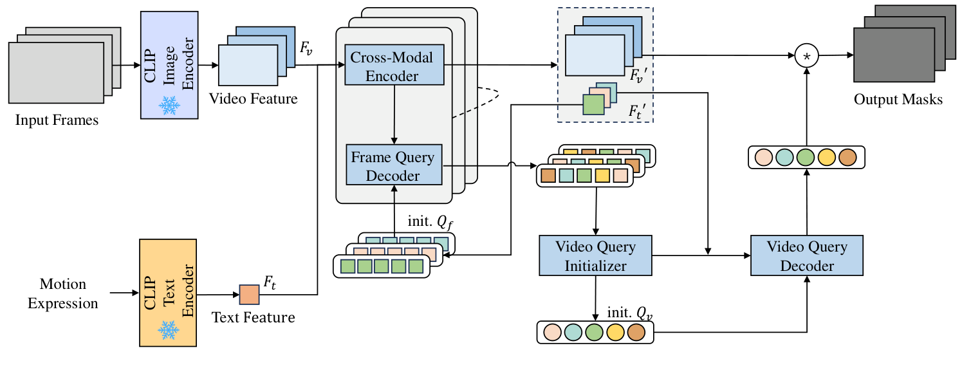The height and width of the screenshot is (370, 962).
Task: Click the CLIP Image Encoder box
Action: point(169,64)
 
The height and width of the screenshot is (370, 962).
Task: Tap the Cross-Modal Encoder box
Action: point(392,65)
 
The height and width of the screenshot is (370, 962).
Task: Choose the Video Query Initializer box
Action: point(595,256)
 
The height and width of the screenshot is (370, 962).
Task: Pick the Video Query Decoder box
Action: point(807,256)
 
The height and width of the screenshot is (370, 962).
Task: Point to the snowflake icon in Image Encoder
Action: point(169,106)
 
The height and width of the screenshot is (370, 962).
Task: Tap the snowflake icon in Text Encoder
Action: point(169,331)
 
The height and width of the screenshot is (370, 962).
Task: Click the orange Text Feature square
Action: point(249,295)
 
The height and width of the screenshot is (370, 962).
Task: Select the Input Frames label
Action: point(57,120)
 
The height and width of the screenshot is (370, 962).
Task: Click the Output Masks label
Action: point(898,100)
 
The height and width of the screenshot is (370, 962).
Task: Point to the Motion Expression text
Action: point(63,293)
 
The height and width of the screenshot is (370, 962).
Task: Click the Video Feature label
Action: point(253,99)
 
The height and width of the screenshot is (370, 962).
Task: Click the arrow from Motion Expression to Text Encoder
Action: point(124,293)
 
